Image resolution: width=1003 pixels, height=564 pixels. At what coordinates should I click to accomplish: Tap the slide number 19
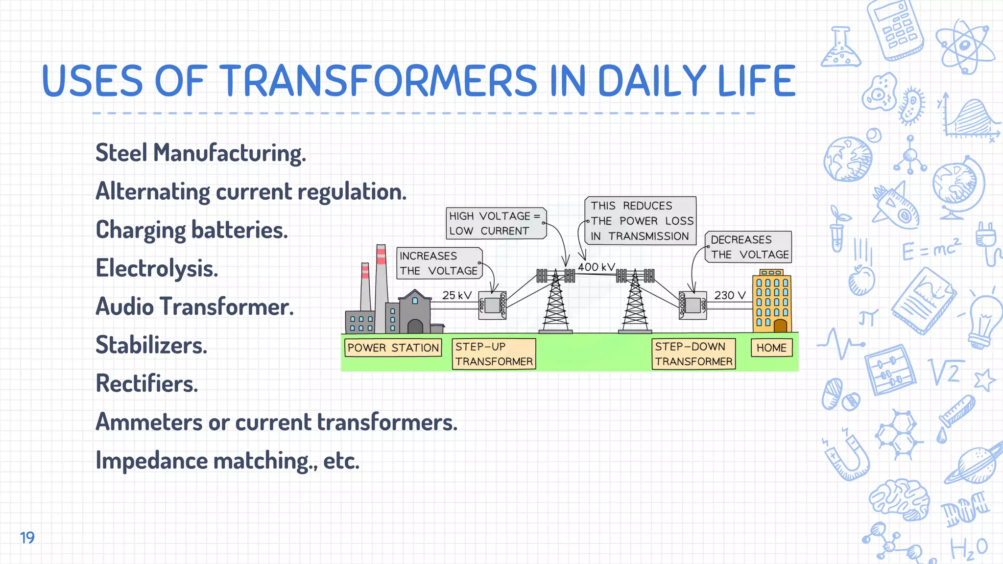27,538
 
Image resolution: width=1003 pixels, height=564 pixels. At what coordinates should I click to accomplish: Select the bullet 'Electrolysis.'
157,268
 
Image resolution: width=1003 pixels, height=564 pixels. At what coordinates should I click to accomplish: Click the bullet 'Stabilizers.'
151,345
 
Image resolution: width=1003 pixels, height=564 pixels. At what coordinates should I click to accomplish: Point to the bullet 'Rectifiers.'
147,383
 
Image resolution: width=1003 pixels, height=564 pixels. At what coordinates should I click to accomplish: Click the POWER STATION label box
393,348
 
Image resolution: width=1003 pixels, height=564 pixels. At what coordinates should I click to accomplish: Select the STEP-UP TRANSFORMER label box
494,354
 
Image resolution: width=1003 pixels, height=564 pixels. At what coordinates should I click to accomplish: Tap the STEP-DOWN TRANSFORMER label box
693,354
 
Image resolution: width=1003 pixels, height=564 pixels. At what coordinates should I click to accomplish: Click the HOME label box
771,348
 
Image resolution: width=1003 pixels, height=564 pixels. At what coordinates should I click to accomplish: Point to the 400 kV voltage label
596,267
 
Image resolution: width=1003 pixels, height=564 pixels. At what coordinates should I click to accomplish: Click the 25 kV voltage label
456,295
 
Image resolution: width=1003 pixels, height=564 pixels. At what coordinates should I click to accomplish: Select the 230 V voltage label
729,295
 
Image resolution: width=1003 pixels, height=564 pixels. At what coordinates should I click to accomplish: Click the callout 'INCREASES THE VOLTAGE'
439,263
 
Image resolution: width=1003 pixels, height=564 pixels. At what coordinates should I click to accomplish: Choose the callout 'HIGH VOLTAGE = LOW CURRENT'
496,223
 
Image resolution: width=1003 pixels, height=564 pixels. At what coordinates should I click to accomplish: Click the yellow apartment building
772,301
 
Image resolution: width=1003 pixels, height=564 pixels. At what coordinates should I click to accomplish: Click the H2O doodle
969,548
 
